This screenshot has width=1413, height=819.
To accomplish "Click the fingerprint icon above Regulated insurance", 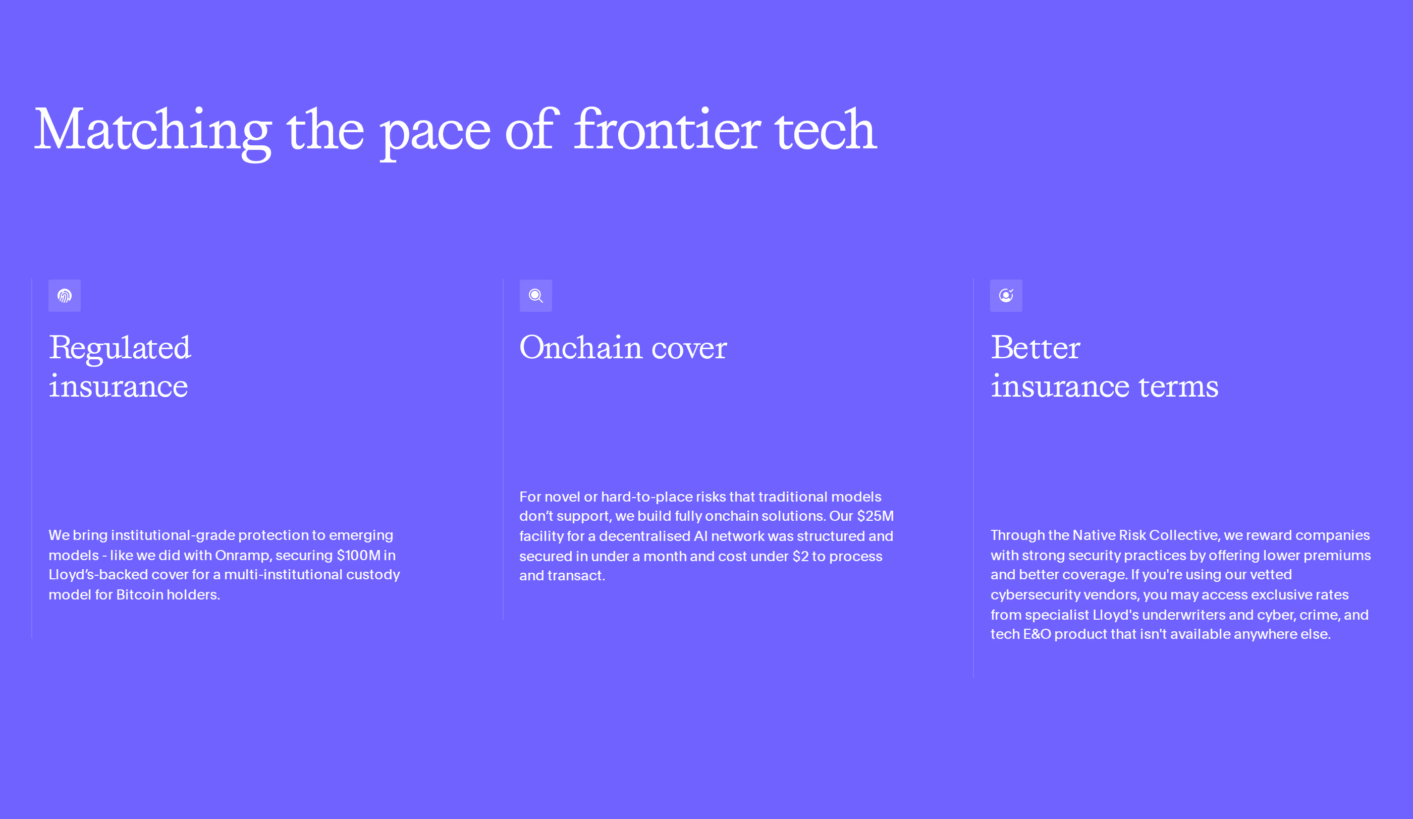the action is coord(65,295).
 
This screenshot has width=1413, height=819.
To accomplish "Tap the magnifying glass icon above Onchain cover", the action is coord(536,295).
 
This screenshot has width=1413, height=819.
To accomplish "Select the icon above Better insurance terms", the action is coord(1006,295).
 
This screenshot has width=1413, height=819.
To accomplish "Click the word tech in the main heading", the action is coord(826,131).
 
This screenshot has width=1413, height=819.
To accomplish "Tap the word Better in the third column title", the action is coord(1036,348).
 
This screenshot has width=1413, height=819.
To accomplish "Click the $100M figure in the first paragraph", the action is coord(358,556).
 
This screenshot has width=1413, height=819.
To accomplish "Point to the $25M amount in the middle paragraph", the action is coord(875,516).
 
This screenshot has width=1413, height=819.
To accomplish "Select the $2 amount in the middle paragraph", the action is coord(800,556).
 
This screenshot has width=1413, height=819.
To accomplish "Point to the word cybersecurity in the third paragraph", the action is coord(1035,595).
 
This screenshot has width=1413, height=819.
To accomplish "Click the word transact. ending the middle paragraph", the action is coord(576,576).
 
